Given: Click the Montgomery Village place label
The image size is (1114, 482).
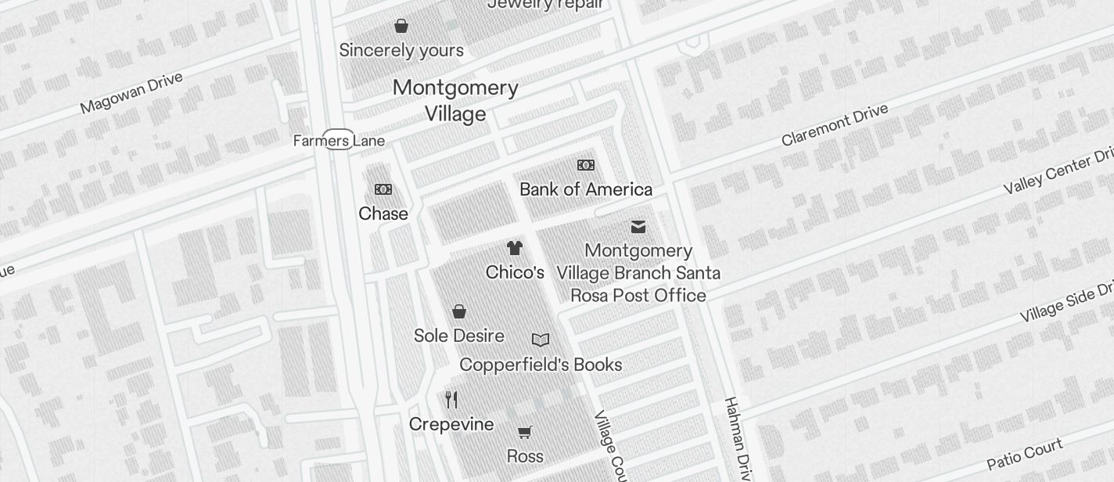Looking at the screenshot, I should (x=455, y=100).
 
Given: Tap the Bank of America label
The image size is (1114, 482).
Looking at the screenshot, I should (x=585, y=189).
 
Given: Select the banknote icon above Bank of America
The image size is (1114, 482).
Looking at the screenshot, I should (x=585, y=165).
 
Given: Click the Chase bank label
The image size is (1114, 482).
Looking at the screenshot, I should (x=383, y=214).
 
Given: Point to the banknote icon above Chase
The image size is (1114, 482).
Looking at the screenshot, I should (x=383, y=189).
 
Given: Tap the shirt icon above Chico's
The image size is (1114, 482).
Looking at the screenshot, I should (x=514, y=248).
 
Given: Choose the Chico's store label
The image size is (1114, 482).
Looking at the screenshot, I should (x=515, y=272).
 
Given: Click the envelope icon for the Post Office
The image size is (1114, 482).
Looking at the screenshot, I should (x=638, y=227).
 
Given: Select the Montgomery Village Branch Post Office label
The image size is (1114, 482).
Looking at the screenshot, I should (x=638, y=273).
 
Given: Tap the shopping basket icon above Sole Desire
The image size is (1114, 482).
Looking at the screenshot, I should (x=459, y=311).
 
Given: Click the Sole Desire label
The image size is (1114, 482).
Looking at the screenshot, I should (x=458, y=336).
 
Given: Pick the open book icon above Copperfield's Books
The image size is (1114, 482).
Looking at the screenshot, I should (x=541, y=340).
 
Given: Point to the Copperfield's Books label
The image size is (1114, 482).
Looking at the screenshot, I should (x=541, y=365).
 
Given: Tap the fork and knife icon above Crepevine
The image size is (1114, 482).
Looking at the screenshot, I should (x=451, y=400).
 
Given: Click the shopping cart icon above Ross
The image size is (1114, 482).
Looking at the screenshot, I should (x=525, y=432).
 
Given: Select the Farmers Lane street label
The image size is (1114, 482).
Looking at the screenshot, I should (x=339, y=141).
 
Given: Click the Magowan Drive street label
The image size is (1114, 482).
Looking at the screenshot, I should (x=131, y=92).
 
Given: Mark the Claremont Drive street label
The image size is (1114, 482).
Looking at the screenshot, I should (x=835, y=124).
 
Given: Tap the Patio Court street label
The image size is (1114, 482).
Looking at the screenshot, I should (x=1024, y=455).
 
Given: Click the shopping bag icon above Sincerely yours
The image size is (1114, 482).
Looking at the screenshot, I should (x=401, y=26).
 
